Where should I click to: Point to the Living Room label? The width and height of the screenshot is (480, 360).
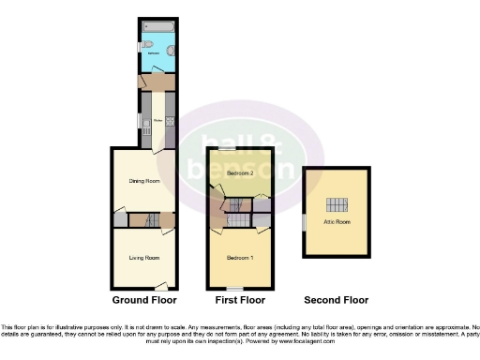point(143,257)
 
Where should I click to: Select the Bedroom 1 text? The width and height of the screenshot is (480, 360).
point(240,257)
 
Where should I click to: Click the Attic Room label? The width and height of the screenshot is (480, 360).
point(336,221)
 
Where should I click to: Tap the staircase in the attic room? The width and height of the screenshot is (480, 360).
point(336,205)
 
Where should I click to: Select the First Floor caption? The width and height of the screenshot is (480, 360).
point(239,301)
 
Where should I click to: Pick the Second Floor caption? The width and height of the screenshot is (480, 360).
point(336,301)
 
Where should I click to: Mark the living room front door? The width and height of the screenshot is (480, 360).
point(161,285)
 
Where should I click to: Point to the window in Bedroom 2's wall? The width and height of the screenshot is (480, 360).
point(227,149)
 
